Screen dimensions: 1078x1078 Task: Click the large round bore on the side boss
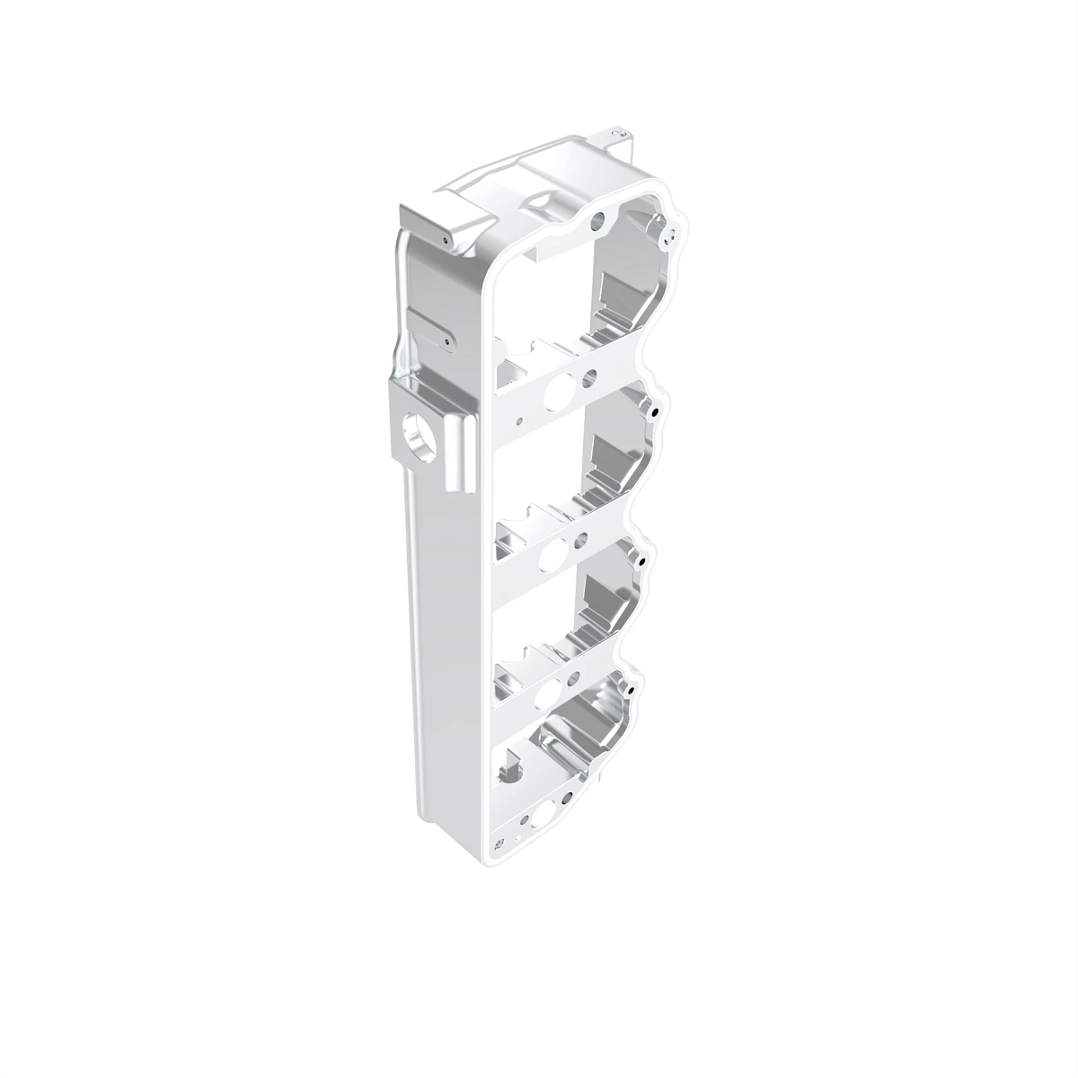(x=419, y=432)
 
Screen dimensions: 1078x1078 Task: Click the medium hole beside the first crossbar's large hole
(x=589, y=377)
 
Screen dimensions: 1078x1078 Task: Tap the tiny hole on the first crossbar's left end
(x=518, y=419)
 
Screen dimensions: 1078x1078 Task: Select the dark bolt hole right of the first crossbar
(x=654, y=411)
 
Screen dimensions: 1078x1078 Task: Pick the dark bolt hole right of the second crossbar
(x=643, y=561)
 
